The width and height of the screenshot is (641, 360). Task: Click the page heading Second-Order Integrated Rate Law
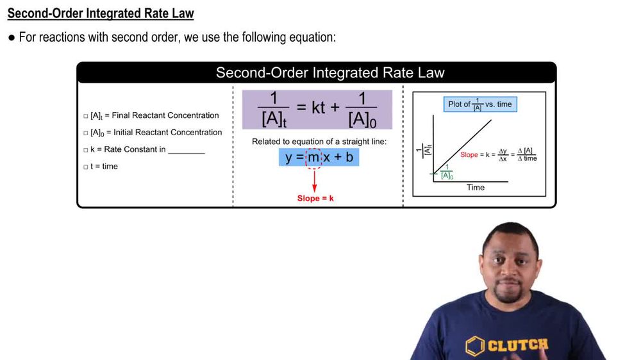[101, 13]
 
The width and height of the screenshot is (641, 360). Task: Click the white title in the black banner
[329, 72]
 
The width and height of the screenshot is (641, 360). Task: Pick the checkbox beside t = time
[86, 167]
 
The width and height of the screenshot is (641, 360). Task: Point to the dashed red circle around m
[313, 157]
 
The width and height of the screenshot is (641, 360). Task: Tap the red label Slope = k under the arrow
[315, 199]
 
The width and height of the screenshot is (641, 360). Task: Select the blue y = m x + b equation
[319, 157]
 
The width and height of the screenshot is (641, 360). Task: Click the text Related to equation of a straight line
[319, 141]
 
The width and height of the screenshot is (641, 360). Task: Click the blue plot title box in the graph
[479, 104]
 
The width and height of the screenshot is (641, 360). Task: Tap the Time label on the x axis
[476, 188]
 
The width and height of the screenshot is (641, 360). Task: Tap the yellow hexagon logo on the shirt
[475, 346]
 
